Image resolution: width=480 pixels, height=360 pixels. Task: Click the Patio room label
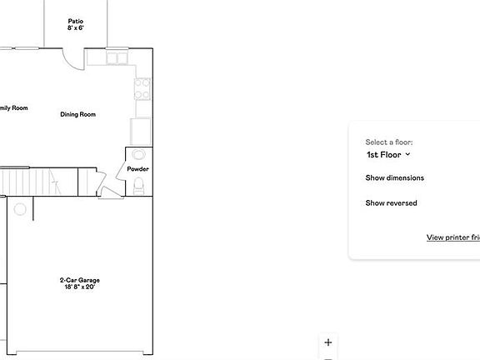tap(76, 21)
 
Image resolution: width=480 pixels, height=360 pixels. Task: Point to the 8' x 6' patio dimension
tap(76, 28)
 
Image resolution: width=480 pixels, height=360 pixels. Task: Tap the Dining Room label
tap(77, 114)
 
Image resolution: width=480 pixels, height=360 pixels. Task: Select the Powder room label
tap(137, 169)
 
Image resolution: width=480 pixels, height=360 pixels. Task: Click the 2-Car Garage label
tap(80, 280)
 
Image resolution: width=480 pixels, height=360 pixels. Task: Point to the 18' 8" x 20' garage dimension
tap(80, 287)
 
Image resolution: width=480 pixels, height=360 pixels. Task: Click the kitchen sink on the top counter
tap(116, 58)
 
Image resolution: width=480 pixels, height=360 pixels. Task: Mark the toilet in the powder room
tap(140, 186)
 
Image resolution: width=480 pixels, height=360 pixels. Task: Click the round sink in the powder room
tap(138, 154)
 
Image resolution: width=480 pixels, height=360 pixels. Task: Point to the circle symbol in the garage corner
tap(20, 209)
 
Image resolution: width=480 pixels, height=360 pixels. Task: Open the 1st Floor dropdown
tap(388, 154)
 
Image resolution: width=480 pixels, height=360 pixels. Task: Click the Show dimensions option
tap(394, 177)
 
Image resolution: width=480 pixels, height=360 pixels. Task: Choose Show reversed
tap(391, 203)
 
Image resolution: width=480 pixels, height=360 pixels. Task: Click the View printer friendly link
tap(452, 237)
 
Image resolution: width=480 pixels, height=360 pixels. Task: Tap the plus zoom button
tap(328, 342)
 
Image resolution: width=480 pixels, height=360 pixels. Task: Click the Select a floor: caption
tap(388, 142)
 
